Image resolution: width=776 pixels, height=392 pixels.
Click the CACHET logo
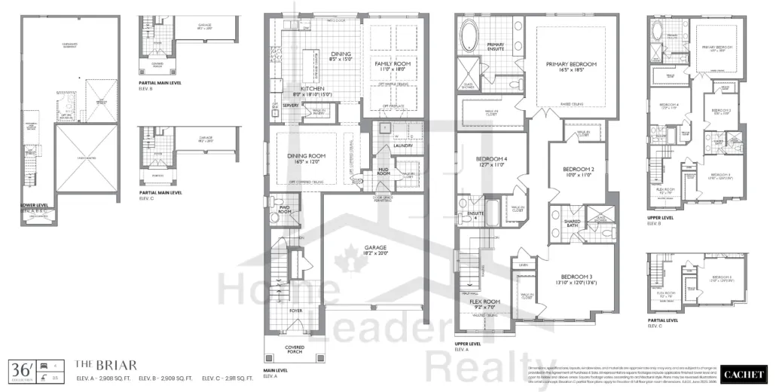click(x=743, y=373)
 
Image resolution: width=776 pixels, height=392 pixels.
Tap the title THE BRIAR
click(x=95, y=364)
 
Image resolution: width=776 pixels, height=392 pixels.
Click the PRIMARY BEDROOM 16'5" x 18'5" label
click(x=571, y=69)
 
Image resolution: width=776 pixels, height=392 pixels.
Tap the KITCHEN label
click(x=313, y=91)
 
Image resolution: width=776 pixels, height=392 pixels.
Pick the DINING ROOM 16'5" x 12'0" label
click(x=306, y=158)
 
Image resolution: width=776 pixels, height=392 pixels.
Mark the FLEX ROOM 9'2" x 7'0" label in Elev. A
click(x=485, y=304)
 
